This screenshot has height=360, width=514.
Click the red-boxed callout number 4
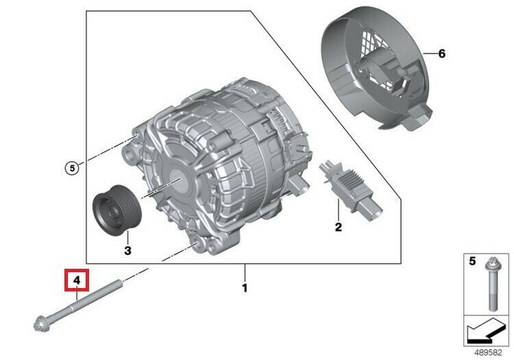pos(77,280)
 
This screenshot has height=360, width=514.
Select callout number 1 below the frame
pos(245,288)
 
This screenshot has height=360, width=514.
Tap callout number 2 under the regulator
pos(339,227)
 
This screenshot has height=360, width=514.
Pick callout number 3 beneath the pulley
pos(128,251)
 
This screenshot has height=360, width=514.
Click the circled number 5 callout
pos(72,168)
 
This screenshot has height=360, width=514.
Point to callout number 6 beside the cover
pos(442,53)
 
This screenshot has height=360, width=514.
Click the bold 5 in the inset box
pos(472,261)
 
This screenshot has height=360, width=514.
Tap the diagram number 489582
pos(488,352)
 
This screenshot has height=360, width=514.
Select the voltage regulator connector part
pos(350,189)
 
